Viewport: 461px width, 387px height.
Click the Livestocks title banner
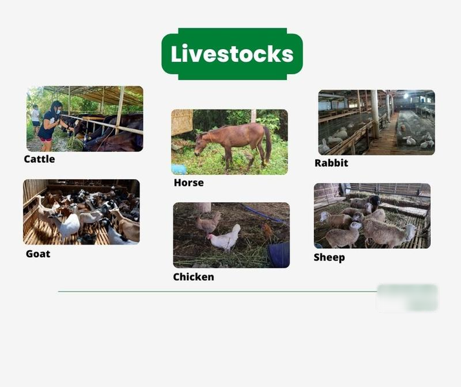click(x=232, y=54)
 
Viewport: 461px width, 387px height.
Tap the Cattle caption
click(x=39, y=159)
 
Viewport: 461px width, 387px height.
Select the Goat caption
click(x=38, y=253)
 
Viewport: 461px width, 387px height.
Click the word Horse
click(x=189, y=183)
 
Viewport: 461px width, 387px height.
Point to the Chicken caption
click(x=193, y=277)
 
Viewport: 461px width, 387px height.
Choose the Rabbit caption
click(x=331, y=163)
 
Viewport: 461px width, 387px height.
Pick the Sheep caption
click(x=329, y=257)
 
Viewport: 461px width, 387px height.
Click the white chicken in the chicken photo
click(x=225, y=238)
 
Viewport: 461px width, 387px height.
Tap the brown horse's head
click(x=201, y=143)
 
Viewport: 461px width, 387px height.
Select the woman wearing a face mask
click(x=50, y=126)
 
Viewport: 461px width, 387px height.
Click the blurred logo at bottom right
click(x=407, y=297)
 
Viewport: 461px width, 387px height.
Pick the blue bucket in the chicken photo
click(x=279, y=255)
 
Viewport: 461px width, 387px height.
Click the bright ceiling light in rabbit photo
click(x=406, y=96)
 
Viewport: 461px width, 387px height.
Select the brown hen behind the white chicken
click(x=209, y=223)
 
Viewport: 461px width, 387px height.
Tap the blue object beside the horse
click(x=179, y=170)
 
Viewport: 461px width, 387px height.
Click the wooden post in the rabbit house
click(x=374, y=114)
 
